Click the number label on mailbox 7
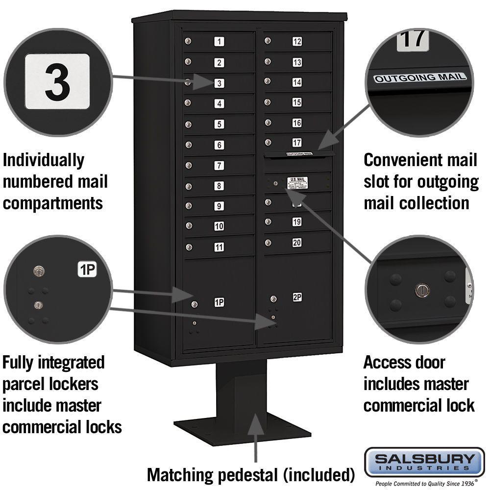[x=219, y=166]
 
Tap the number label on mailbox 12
[x=297, y=42]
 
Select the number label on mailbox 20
[x=297, y=243]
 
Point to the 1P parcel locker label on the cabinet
[x=219, y=303]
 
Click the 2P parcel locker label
[x=297, y=297]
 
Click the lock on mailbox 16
[x=268, y=122]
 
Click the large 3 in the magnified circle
[x=57, y=82]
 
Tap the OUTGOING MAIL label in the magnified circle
[x=420, y=77]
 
